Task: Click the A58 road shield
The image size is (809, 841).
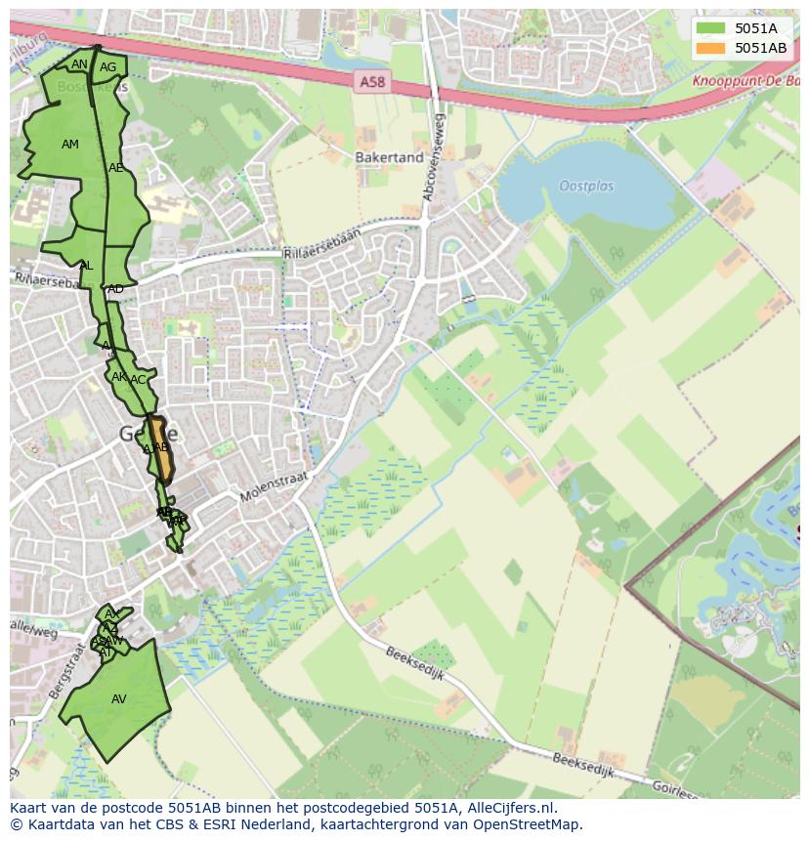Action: click(x=371, y=83)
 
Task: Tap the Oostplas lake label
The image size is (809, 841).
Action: click(x=586, y=186)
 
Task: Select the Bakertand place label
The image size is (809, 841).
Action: click(x=389, y=157)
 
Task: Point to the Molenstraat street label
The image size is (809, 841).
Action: click(x=275, y=484)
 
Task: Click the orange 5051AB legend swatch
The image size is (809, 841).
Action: click(x=712, y=48)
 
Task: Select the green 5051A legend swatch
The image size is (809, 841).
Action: click(x=712, y=28)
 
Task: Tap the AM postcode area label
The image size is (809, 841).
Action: click(x=69, y=145)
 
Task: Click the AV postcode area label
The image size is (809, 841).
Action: click(x=118, y=699)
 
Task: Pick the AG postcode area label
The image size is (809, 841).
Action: click(x=107, y=67)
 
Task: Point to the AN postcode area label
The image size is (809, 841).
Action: click(x=79, y=64)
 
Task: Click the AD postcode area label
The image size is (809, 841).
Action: click(x=115, y=289)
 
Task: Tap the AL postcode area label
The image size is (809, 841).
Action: click(x=86, y=266)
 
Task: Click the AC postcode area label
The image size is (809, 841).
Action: click(x=138, y=380)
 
